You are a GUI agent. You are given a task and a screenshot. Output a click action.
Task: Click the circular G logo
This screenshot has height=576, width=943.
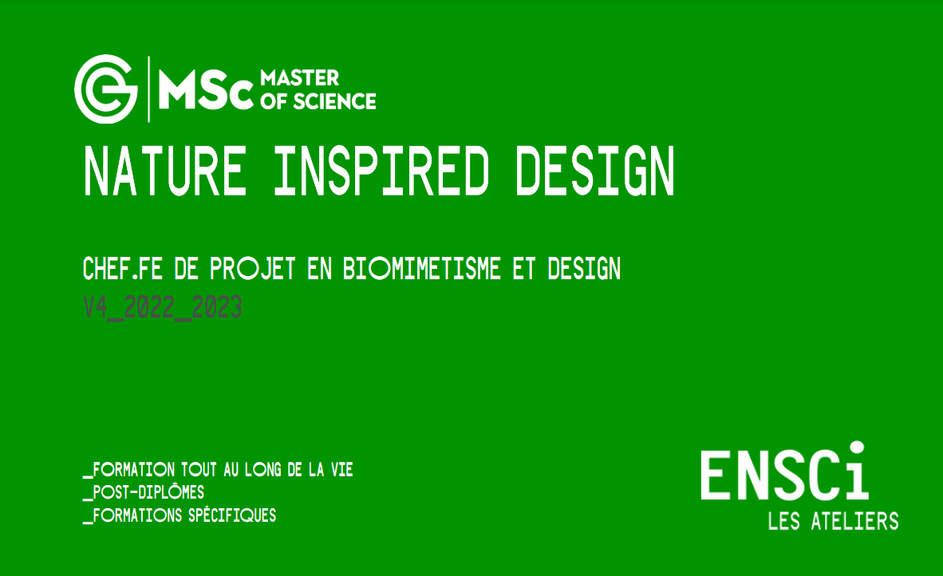coord(106,89)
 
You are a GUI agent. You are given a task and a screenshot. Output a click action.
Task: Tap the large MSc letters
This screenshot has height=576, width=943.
coord(206,90)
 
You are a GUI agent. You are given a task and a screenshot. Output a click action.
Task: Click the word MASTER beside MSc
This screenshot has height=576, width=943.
coord(299,77)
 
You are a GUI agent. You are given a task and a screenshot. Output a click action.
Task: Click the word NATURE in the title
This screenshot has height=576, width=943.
coord(165,172)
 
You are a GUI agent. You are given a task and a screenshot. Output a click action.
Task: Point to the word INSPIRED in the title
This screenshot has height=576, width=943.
coord(382,172)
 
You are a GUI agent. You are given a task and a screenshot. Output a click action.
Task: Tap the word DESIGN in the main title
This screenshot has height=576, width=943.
coord(595,172)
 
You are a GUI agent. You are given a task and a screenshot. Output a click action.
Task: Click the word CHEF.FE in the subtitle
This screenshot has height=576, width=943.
coord(123,269)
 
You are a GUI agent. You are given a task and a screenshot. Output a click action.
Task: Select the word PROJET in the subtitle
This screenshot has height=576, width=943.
coord(253,269)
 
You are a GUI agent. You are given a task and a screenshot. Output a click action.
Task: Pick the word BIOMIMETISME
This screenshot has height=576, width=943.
coord(421,269)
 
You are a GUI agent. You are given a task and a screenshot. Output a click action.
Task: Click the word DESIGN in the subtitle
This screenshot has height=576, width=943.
coord(584,269)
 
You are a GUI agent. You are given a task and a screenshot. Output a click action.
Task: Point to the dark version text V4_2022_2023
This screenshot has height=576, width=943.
coord(163,307)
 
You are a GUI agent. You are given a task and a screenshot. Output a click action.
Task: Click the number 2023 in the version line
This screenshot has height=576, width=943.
coord(217,306)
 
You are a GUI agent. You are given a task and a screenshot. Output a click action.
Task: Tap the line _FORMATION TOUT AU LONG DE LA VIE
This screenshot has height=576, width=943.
coord(218,470)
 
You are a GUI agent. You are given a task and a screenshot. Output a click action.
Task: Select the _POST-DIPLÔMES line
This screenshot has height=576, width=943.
coord(144,492)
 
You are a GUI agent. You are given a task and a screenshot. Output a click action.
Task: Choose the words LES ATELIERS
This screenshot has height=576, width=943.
coord(834,521)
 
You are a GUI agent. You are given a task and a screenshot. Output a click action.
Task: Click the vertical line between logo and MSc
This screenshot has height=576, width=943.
coord(148,89)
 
